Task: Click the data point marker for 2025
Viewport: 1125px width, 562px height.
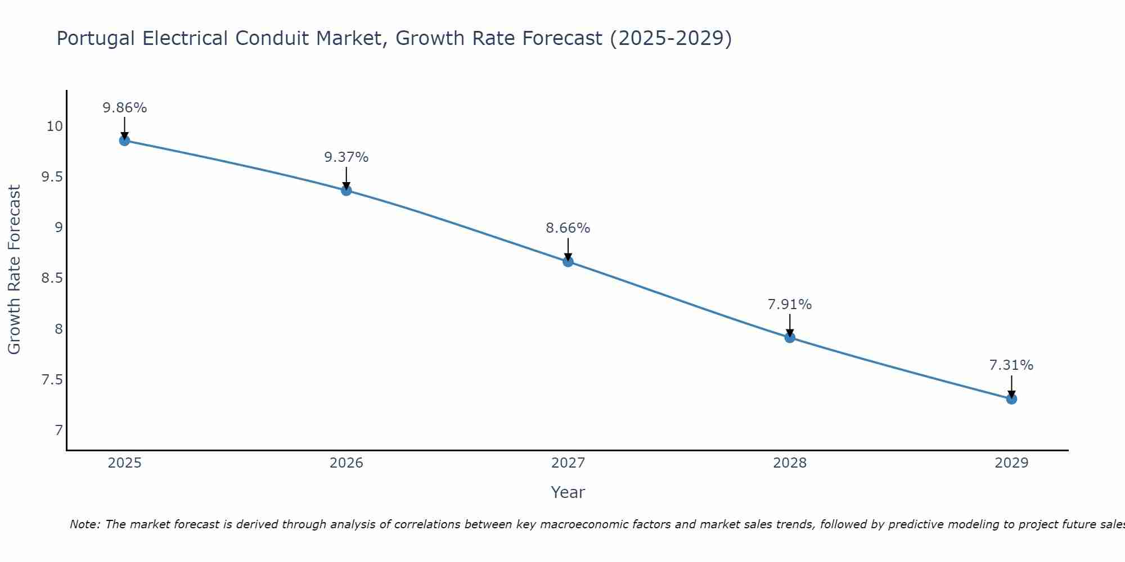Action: pos(124,140)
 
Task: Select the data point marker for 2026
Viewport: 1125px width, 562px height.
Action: pos(346,191)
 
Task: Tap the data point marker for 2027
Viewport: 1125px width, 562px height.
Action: pos(568,261)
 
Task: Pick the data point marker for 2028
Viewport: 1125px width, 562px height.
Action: pos(790,337)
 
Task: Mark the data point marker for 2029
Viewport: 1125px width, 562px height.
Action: pos(1011,399)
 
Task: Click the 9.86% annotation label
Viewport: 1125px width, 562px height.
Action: pos(124,108)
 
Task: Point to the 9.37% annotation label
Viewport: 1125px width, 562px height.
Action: pos(346,157)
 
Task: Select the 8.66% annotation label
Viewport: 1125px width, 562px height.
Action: pos(568,228)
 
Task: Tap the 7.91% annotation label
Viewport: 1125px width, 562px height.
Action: pos(790,305)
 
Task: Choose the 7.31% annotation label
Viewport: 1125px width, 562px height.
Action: pos(1011,365)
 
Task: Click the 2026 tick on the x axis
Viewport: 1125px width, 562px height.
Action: pos(346,463)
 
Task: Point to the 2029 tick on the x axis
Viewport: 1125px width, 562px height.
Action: pos(1011,463)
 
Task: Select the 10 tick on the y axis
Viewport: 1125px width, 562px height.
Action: pos(54,126)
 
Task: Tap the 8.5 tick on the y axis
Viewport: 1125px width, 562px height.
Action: pos(52,278)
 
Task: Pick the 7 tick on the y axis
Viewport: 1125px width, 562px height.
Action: pos(58,430)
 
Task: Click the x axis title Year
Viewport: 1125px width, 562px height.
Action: pos(568,492)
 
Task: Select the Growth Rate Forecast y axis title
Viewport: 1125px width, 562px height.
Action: pos(15,270)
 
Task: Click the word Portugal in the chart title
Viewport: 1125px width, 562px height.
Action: pos(96,39)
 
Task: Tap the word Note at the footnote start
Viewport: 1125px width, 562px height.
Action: pos(84,524)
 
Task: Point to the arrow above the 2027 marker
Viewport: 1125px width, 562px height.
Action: pos(568,250)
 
